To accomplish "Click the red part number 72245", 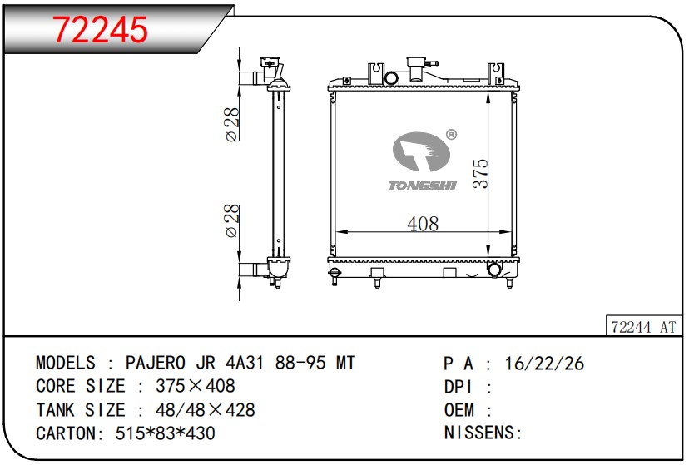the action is point(100,30).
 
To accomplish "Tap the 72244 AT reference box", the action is point(643,326).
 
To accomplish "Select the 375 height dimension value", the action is point(481,174).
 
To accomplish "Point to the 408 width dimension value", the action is point(423,224).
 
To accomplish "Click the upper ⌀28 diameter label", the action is point(232,125).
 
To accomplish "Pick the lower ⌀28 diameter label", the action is point(232,221).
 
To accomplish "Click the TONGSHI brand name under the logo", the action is point(422,186).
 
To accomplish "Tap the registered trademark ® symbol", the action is point(451,135).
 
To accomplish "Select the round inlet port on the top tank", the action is point(391,79).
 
